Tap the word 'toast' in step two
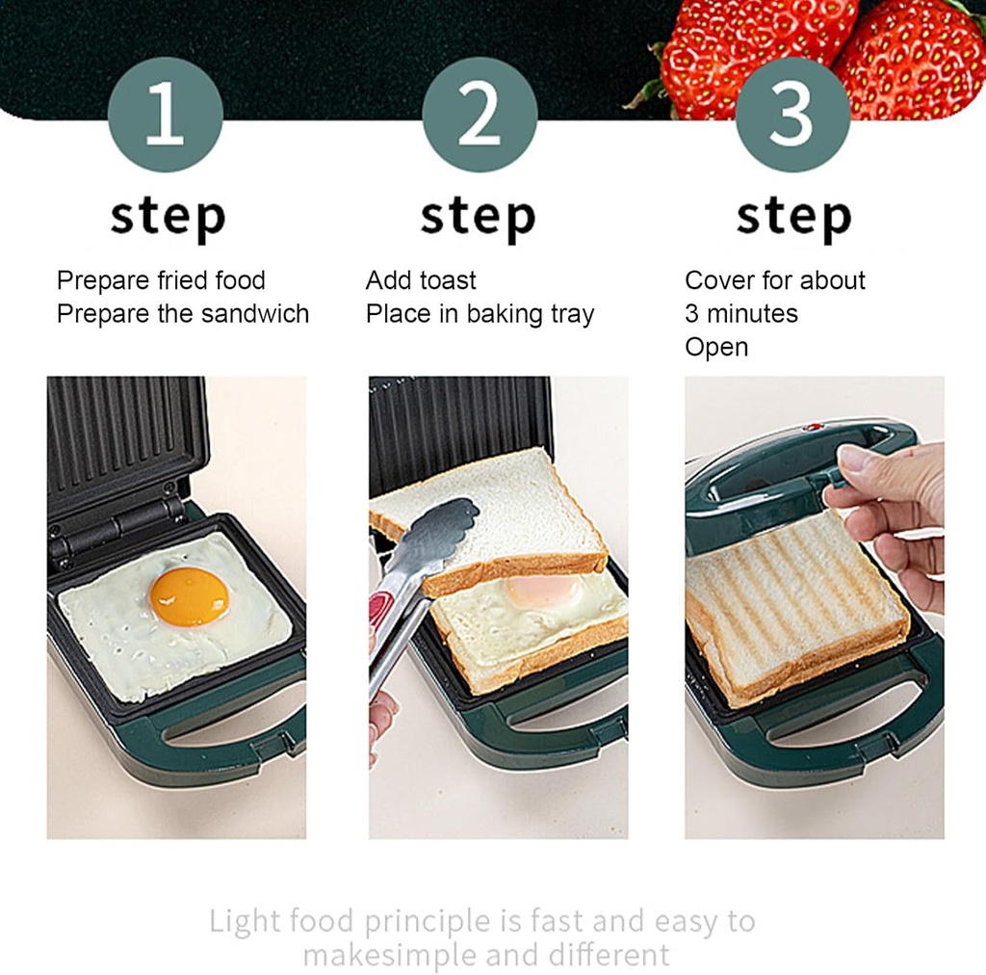pos(448,281)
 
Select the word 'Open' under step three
pos(715,347)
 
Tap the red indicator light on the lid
pos(811,426)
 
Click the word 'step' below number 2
pos(478,217)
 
